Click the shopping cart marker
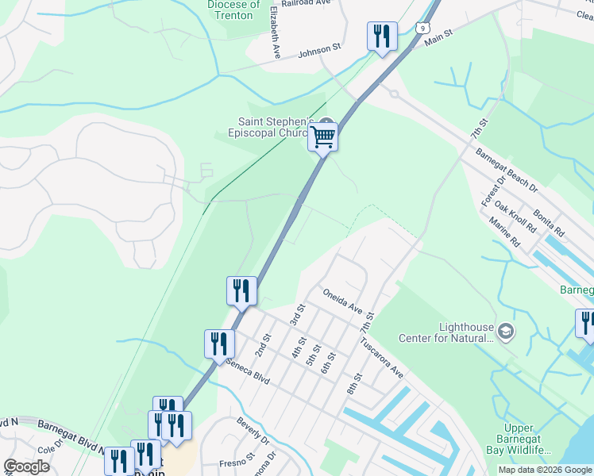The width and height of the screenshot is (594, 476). (x=322, y=136)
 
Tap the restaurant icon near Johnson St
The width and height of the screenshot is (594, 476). (x=382, y=36)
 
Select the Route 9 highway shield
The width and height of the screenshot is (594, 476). (x=418, y=28)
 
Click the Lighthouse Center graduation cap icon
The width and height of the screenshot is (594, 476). (x=505, y=329)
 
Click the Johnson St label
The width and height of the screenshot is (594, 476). (x=318, y=50)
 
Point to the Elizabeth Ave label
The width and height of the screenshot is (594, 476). (x=275, y=33)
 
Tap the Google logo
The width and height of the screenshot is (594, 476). (x=26, y=466)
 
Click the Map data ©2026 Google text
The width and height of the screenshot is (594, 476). (x=545, y=470)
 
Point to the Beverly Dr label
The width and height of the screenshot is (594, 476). (x=253, y=432)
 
